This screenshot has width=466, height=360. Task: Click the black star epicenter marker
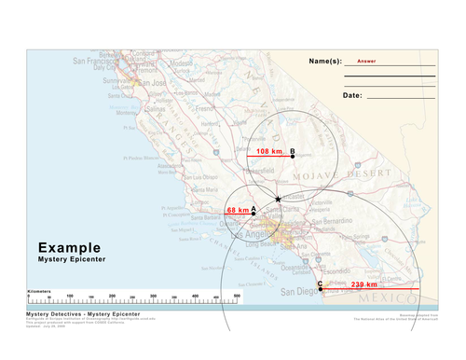pos(278,199)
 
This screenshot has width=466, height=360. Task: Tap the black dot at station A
pos(254,214)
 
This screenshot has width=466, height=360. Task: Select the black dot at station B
pos(293,156)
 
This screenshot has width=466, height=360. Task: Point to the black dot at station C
pos(321,289)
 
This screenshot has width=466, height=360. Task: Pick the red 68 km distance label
pos(238,210)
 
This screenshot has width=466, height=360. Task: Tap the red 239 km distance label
pos(363,284)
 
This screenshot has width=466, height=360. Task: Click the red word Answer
pos(366,59)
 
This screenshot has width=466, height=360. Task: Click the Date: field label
pos(352,95)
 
